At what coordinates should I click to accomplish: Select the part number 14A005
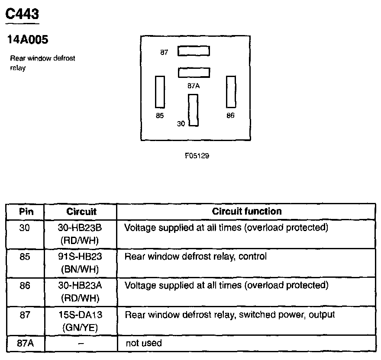pyautogui.click(x=28, y=40)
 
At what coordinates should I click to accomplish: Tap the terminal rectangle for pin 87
pyautogui.click(x=194, y=51)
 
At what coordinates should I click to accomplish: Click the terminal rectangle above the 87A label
pyautogui.click(x=194, y=72)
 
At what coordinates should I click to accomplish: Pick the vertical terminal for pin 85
pyautogui.click(x=160, y=91)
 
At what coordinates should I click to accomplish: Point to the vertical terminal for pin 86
pyautogui.click(x=231, y=91)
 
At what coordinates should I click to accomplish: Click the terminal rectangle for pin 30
pyautogui.click(x=193, y=110)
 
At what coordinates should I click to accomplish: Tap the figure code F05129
pyautogui.click(x=197, y=156)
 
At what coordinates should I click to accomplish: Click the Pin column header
pyautogui.click(x=26, y=212)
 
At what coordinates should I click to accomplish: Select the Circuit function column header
pyautogui.click(x=246, y=212)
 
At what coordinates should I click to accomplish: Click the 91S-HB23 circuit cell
pyautogui.click(x=81, y=262)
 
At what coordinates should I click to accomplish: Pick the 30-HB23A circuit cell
pyautogui.click(x=81, y=291)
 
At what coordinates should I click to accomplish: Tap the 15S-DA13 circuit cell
pyautogui.click(x=81, y=321)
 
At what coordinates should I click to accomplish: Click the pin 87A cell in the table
pyautogui.click(x=26, y=344)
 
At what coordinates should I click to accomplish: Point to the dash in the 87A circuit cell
pyautogui.click(x=81, y=344)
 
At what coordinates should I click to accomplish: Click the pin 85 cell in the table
pyautogui.click(x=26, y=257)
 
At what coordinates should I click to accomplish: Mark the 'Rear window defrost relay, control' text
pyautogui.click(x=195, y=257)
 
